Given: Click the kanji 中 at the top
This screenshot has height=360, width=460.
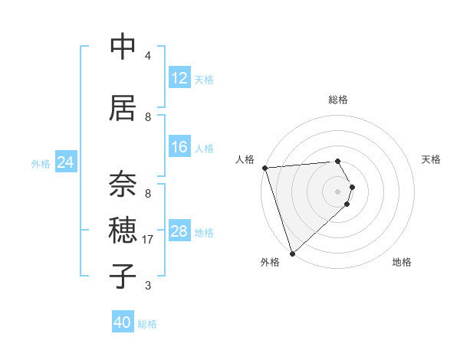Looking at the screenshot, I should (123, 47).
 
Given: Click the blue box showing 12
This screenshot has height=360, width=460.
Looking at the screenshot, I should (179, 78).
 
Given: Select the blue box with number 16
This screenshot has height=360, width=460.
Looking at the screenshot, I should (179, 147).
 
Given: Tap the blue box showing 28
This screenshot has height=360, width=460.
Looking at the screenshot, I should (179, 231).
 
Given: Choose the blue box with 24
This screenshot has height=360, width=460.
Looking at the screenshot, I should (65, 162).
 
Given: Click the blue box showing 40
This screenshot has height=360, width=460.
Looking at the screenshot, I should (123, 322).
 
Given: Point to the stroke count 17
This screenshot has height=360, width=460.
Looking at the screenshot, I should (149, 240).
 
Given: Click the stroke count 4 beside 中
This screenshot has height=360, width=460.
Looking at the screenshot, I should (148, 56).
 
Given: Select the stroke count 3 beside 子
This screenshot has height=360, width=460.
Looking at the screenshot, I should (148, 286).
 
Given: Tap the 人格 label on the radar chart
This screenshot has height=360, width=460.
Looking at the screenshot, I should (245, 159).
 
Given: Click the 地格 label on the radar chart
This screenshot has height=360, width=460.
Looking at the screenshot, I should (402, 262).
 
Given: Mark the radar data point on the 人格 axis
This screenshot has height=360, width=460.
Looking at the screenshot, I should (264, 168).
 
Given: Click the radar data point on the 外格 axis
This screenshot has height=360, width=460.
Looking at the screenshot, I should (291, 253).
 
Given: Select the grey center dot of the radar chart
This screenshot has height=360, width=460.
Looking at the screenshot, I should (337, 191).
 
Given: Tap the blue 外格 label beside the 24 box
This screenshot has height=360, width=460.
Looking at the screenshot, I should (41, 163).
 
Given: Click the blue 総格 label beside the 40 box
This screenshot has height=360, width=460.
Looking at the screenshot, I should (147, 324).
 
